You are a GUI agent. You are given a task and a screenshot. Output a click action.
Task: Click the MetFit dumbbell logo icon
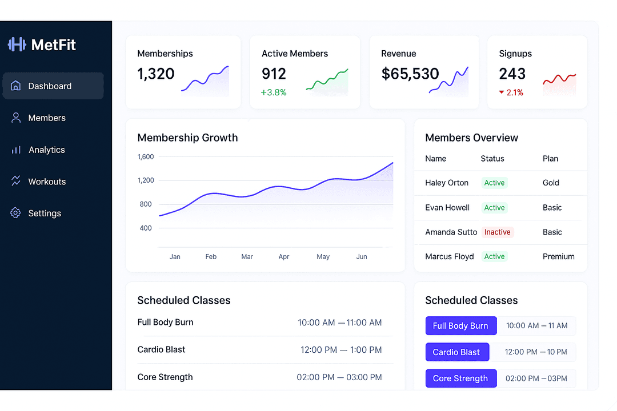pos(17,45)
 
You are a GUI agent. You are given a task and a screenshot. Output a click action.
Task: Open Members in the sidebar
pos(47,118)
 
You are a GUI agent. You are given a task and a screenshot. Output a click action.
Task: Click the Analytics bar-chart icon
pos(16,150)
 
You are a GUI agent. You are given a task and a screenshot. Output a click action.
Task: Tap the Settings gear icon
pos(16,213)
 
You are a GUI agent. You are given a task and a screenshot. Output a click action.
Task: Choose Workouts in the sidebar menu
pos(47,182)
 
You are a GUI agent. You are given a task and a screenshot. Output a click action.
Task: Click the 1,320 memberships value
pos(156,74)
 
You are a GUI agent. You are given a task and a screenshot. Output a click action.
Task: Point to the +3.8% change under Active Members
pos(274,92)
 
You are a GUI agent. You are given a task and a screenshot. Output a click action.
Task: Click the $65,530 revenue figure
pos(410,74)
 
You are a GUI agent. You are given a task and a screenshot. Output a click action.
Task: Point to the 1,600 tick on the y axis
pos(146,156)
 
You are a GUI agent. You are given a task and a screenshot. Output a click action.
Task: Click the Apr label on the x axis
pos(284,257)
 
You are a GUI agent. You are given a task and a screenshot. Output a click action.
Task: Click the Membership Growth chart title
pos(187,138)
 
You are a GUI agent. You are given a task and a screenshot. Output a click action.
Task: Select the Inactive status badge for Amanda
pos(497,232)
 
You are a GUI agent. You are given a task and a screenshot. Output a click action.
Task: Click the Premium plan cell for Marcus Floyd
pos(558,257)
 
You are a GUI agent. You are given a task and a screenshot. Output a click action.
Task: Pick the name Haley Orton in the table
pos(447,183)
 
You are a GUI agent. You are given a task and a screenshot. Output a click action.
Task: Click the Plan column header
pos(550,159)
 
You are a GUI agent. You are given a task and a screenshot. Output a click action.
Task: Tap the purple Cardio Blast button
pos(457,352)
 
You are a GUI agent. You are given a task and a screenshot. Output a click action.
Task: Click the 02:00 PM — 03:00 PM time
pos(339,377)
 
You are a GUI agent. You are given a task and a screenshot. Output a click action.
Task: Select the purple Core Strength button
pos(460,378)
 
